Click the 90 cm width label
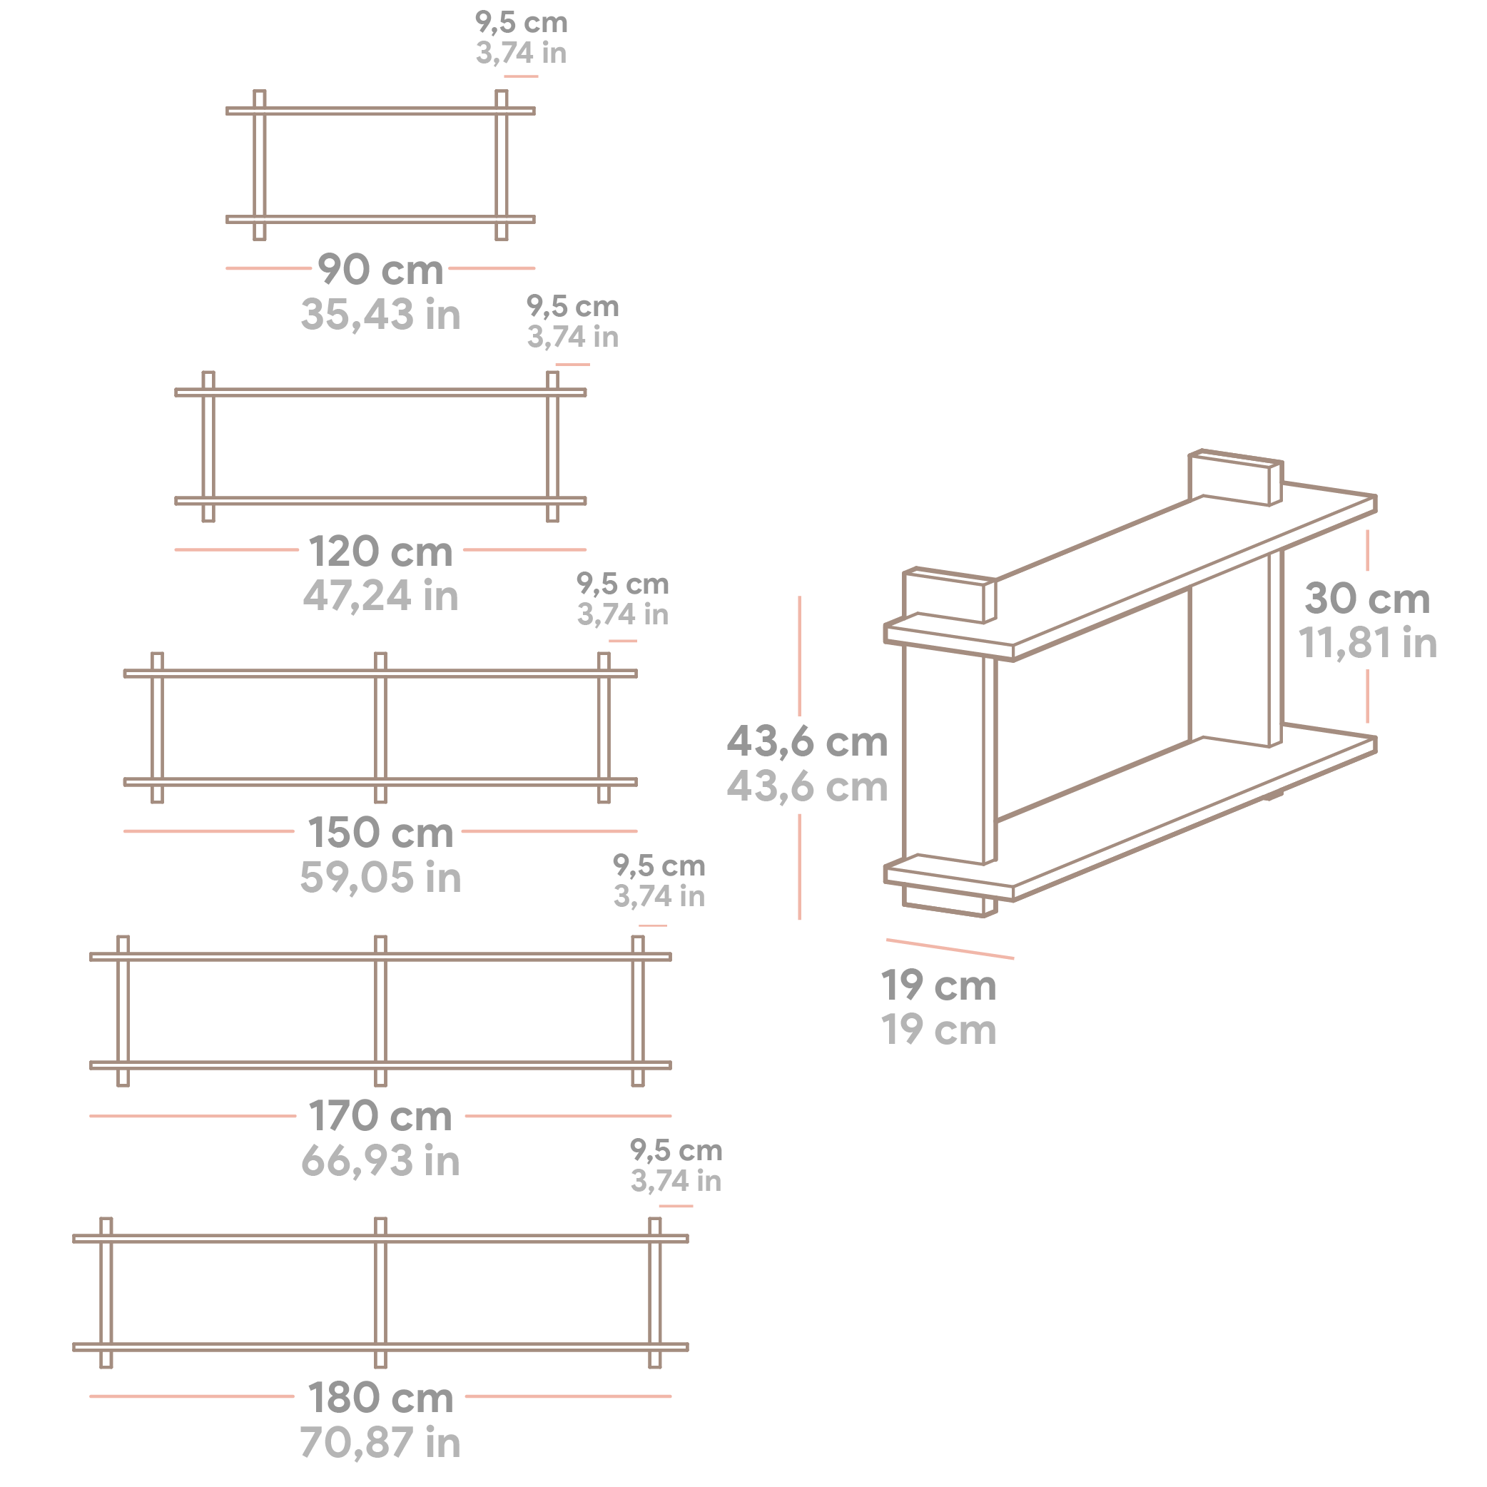[x=380, y=270]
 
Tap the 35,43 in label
[x=380, y=315]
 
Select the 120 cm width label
[x=380, y=552]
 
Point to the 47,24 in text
[x=380, y=597]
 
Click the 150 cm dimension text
[x=380, y=833]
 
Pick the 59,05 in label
[x=380, y=878]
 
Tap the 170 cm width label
[x=380, y=1116]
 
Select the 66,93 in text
[x=380, y=1161]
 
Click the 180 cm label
[x=380, y=1398]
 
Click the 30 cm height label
[x=1367, y=599]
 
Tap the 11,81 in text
[x=1367, y=643]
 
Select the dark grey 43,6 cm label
[x=806, y=741]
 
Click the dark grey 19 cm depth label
[x=938, y=986]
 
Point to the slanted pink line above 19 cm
[x=949, y=949]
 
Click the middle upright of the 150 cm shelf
[x=380, y=727]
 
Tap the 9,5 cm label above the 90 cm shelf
[x=521, y=22]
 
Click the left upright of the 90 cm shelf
[x=260, y=165]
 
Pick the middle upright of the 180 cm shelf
[x=380, y=1293]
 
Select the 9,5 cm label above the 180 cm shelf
[x=676, y=1151]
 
